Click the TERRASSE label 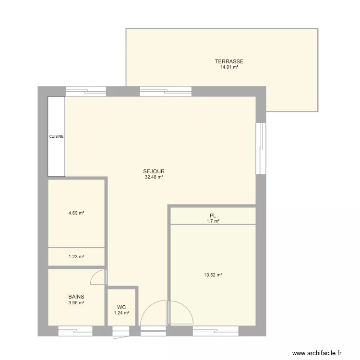229,61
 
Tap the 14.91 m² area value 229,67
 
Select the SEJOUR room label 154,171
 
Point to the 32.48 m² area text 154,177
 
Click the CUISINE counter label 56,137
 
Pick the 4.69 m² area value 76,213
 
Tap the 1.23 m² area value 76,257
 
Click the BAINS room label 76,297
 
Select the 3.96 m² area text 76,302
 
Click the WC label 121,307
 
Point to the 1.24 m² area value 121,312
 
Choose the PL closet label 213,216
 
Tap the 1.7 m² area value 213,221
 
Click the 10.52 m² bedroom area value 213,275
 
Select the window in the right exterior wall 261,148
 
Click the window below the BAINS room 75,331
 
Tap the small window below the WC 121,331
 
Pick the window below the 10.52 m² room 216,331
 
